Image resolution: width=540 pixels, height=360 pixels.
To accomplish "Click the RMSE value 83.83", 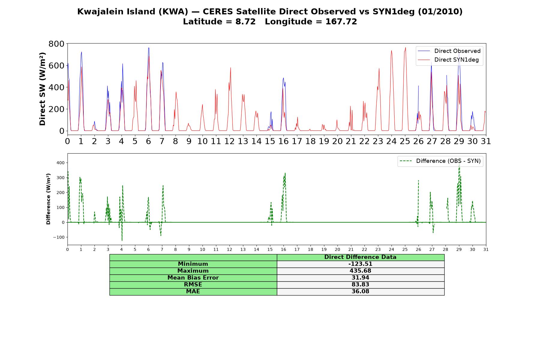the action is coord(360,284).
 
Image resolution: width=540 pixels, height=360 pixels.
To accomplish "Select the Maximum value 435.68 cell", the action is coord(360,271).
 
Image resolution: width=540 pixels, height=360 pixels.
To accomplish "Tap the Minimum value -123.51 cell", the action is coord(360,264).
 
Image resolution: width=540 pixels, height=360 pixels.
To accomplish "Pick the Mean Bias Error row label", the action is coord(193,278).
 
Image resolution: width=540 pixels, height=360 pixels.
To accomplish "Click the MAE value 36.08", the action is coord(360,291).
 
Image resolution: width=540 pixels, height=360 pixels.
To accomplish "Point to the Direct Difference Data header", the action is coord(360,257).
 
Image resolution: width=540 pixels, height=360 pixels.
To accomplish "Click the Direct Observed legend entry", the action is coord(449,51).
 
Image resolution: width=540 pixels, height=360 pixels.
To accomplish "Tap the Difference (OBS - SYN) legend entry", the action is coord(440,161).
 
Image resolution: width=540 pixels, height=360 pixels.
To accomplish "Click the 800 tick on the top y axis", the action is coord(56,44).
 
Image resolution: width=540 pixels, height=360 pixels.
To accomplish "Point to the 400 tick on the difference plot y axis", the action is coord(60,163).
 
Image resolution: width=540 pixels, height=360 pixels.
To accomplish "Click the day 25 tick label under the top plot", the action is coord(405,141).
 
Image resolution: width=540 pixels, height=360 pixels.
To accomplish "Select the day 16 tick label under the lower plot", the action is coord(283,249).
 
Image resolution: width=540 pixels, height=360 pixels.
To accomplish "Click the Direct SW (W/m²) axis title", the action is coord(42,89).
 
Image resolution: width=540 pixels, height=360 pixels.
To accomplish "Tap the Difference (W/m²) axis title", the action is coord(48,199).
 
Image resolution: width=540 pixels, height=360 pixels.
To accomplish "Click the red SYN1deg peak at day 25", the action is coord(405,47).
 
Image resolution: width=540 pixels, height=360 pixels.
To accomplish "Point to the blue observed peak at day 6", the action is coord(148,48).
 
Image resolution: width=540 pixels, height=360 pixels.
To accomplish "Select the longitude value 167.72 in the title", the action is coord(341,22).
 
